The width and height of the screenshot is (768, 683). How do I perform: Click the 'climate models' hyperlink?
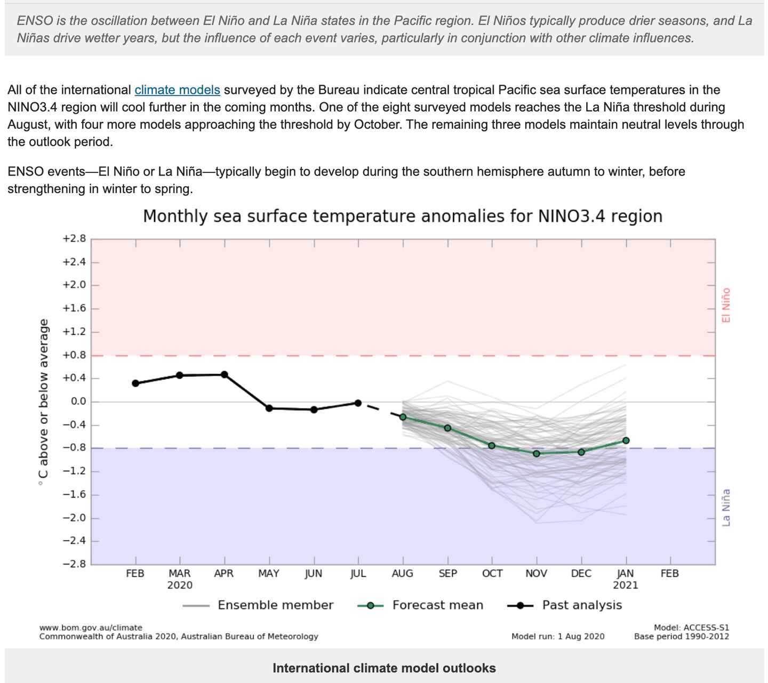(177, 90)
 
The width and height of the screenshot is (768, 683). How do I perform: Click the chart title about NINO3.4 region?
(403, 216)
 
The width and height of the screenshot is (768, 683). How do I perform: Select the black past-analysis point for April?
(225, 375)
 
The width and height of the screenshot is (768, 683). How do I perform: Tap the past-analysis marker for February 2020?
(135, 383)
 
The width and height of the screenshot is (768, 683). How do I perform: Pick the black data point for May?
(269, 408)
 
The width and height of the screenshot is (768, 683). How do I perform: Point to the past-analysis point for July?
(358, 403)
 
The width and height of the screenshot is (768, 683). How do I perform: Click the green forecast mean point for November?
(537, 454)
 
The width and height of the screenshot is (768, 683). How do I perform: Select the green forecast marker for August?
(403, 417)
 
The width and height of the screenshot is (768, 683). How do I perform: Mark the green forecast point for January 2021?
(626, 440)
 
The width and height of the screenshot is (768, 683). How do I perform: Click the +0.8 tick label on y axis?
(74, 355)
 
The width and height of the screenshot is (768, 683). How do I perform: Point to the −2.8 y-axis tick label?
(74, 564)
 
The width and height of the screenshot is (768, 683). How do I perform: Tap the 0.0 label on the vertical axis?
(78, 401)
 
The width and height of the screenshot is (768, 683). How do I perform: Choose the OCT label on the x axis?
(492, 574)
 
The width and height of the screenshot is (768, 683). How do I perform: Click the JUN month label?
(314, 574)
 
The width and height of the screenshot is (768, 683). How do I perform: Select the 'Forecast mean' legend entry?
(437, 605)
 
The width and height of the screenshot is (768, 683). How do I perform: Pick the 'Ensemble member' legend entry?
(275, 605)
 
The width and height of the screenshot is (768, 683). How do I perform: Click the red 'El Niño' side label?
(726, 305)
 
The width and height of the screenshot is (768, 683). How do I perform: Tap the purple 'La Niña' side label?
(726, 508)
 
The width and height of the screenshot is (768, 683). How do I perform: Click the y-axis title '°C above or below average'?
(44, 402)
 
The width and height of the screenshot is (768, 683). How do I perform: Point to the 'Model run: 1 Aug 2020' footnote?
(558, 636)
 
